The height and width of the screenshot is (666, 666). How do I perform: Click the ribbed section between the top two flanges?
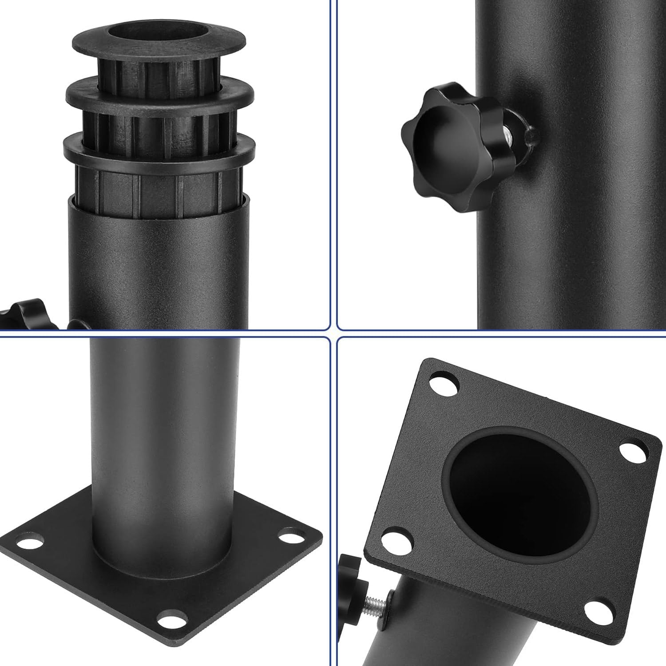[159, 71]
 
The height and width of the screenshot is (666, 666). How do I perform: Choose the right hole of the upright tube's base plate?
[291, 536]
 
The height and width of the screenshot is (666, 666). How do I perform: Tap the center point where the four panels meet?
[333, 333]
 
